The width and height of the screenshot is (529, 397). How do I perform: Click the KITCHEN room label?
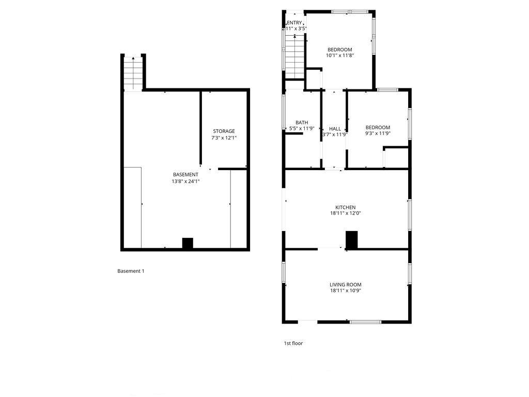[x=345, y=207]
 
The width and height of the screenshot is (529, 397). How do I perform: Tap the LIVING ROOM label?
[x=346, y=285]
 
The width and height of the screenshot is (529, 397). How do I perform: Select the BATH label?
[x=302, y=123]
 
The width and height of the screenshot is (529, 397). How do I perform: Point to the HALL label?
[x=335, y=129]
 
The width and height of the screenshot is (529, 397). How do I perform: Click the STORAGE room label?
[x=224, y=131]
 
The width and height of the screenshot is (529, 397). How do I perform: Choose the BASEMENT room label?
[x=185, y=175]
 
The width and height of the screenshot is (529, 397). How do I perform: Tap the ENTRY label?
[x=294, y=23]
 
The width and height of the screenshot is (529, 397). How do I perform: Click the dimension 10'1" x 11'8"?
[x=340, y=55]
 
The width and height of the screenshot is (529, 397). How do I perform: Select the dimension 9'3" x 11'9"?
[x=378, y=133]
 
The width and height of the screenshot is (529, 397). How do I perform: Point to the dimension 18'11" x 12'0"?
[x=346, y=213]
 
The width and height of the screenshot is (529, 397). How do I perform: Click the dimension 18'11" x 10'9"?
[x=346, y=291]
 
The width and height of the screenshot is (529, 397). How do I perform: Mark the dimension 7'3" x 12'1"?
[x=224, y=138]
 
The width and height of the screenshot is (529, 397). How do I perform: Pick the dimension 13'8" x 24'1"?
[x=185, y=181]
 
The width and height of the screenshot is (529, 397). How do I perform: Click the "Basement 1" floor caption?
[x=131, y=271]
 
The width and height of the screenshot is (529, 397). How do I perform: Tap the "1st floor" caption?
[x=293, y=343]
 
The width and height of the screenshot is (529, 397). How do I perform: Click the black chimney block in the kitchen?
[x=351, y=240]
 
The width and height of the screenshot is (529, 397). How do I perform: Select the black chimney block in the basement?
[x=188, y=243]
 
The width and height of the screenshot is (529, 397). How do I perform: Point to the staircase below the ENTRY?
[x=295, y=57]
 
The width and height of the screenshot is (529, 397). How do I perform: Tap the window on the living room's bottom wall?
[x=365, y=322]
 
